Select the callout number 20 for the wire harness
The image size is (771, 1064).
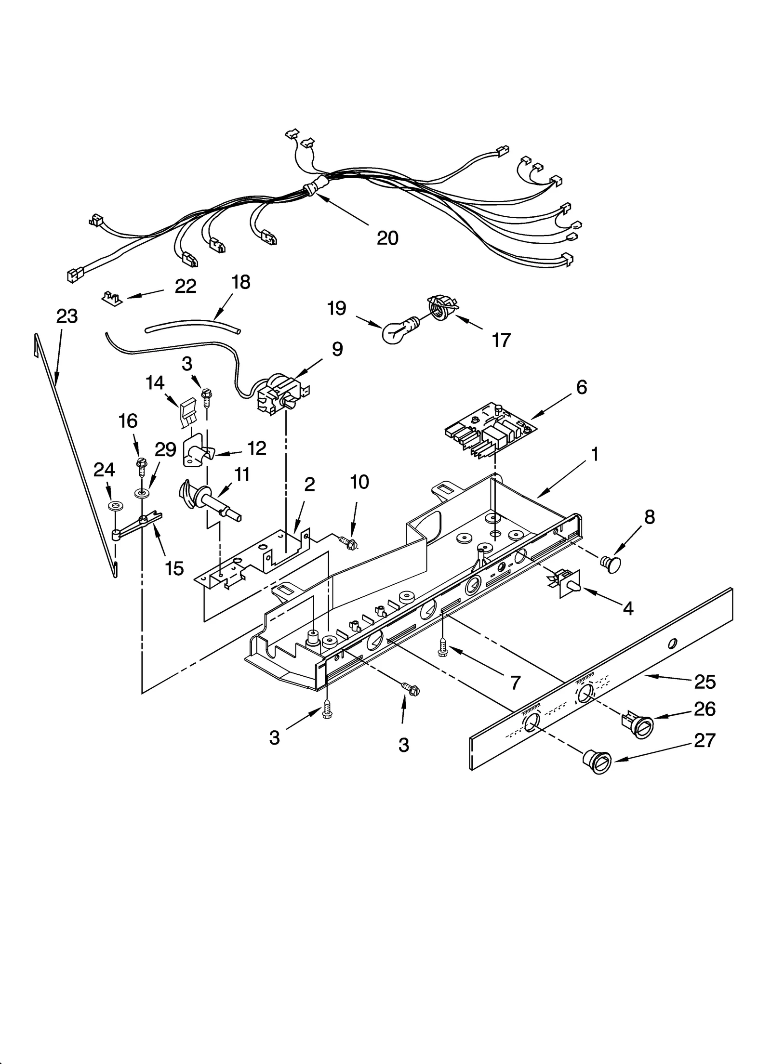387,238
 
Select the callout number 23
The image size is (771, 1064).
66,316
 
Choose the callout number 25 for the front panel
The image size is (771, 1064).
705,682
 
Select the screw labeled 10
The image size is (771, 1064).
347,542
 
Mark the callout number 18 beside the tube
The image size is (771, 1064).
240,282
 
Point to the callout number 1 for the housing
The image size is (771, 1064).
595,454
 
